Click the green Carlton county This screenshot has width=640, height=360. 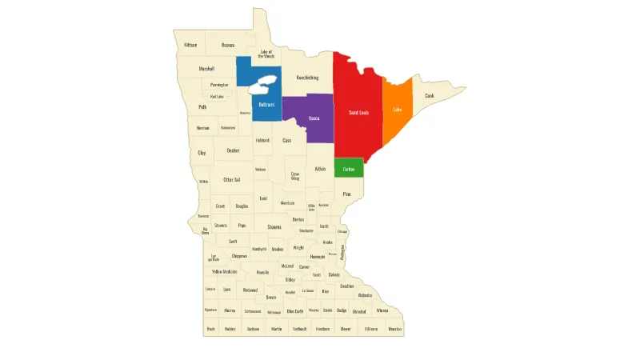pos(349,169)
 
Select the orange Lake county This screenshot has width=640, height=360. pos(397,110)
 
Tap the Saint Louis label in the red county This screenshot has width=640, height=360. pos(358,113)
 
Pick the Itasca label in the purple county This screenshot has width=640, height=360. pos(314,118)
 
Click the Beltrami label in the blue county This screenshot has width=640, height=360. pos(266,105)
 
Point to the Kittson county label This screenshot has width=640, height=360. pos(190,45)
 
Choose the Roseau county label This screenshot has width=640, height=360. pos(228,45)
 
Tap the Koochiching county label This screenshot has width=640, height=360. pos(307,78)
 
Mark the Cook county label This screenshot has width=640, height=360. pos(430,96)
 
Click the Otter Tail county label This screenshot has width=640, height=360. pos(232,180)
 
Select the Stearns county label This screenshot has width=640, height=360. pos(274,226)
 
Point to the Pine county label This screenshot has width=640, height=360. pos(346,194)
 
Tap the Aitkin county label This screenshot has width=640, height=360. pos(320,169)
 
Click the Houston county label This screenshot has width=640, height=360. pos(394,329)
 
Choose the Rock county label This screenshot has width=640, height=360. pos(211,329)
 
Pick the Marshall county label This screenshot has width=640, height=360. pos(206,69)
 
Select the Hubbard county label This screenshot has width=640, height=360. pos(262,140)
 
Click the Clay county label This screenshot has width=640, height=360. pos(202,152)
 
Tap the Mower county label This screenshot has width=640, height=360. pos(346,329)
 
